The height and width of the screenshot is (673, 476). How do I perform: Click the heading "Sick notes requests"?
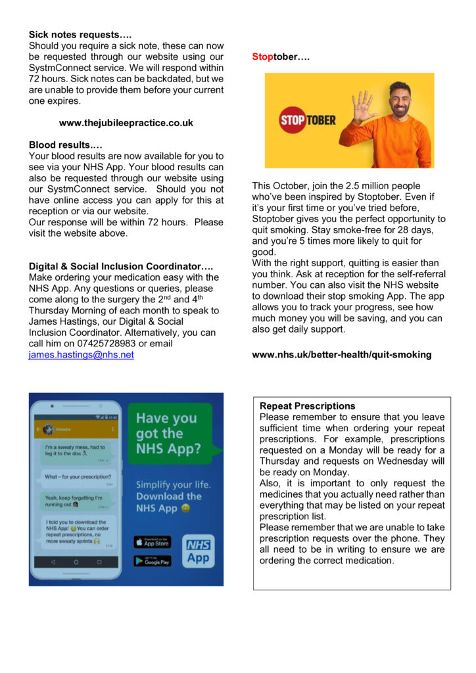[x=74, y=34]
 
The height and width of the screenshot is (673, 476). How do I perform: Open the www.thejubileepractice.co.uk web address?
[x=126, y=123]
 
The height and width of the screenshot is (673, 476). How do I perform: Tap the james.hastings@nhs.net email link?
[x=81, y=355]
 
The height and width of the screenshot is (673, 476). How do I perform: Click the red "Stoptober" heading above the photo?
[x=281, y=57]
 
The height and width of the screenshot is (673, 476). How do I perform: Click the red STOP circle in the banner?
[x=293, y=121]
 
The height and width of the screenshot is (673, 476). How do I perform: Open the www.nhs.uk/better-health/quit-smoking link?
[x=342, y=354]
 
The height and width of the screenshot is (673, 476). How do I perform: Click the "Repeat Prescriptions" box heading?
[x=307, y=406]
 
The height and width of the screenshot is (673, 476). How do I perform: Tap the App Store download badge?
[x=152, y=542]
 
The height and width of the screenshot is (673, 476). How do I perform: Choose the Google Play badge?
[x=152, y=561]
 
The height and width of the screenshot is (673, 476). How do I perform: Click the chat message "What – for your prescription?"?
[x=78, y=477]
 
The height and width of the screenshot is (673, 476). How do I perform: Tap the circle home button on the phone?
[x=76, y=562]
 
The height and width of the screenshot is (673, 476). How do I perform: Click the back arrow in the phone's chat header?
[x=37, y=429]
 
